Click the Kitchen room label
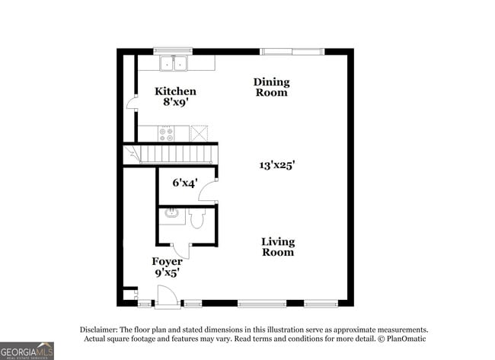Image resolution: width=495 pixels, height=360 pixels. (175, 91)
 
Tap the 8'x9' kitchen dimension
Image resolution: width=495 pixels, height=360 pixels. (175, 102)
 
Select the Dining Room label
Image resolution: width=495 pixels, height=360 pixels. (272, 87)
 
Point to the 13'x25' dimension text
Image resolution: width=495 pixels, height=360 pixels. (277, 165)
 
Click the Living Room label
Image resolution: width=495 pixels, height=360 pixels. (278, 247)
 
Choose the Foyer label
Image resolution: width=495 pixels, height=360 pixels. (167, 262)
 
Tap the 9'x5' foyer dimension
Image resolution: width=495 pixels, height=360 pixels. (168, 272)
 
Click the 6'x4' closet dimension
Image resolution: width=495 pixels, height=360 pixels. (185, 183)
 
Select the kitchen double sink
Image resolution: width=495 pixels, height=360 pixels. (174, 63)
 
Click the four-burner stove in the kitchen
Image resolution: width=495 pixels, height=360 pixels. (166, 134)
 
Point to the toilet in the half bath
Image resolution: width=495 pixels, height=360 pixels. (197, 218)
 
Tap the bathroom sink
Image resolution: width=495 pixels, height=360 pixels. (172, 214)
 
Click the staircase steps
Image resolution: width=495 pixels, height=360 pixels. (175, 154)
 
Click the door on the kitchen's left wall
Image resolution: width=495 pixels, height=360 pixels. (132, 104)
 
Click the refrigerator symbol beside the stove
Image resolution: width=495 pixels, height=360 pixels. (199, 133)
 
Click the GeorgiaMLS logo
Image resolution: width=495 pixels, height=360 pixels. (27, 351)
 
